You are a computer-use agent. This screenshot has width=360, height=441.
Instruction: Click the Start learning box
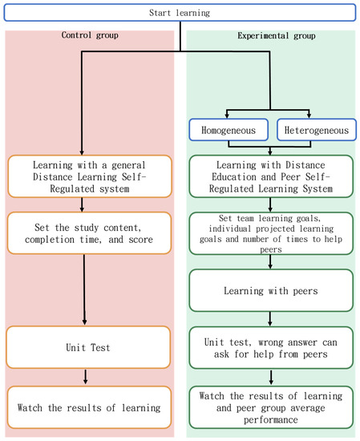180,14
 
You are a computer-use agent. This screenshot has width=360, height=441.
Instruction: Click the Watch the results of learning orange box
87,408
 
